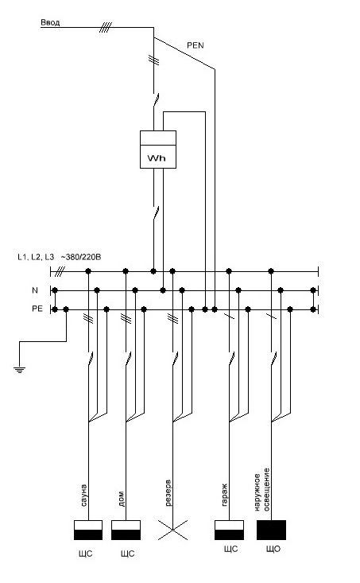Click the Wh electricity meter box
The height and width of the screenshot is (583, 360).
158,150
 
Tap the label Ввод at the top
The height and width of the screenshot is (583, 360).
50,23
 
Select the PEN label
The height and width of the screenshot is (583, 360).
195,45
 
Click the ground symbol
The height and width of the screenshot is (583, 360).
19,370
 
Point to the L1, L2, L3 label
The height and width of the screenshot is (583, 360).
36,257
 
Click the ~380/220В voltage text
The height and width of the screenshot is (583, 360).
81,257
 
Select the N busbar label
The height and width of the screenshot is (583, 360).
35,290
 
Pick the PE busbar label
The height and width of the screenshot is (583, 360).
37,309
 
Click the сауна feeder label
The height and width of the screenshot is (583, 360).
83,495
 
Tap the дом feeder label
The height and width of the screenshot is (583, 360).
121,499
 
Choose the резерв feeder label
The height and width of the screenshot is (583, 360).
168,493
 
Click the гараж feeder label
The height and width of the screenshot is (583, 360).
224,495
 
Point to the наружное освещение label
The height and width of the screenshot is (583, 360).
262,489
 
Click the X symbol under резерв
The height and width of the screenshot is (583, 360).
172,530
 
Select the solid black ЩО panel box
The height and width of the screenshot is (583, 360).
271,530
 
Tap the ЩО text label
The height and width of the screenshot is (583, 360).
273,549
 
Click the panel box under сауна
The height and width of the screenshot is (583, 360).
88,530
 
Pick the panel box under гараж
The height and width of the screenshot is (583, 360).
229,530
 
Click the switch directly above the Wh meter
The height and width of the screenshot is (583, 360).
156,100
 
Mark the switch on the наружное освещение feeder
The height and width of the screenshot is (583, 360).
274,359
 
